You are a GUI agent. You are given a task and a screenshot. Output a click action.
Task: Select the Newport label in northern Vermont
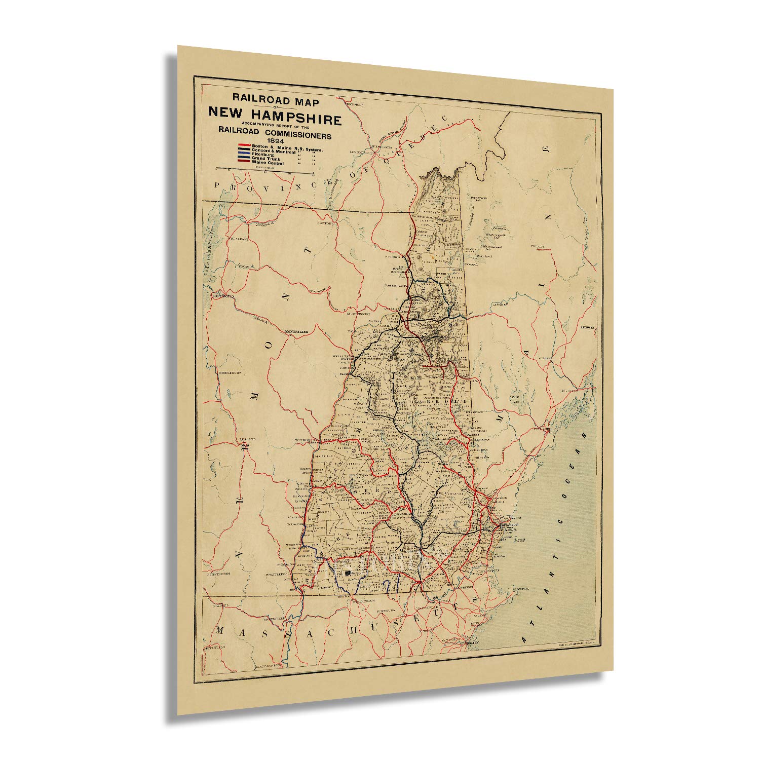pos(325,223)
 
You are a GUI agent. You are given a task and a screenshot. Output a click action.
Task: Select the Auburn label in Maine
pos(544,358)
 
